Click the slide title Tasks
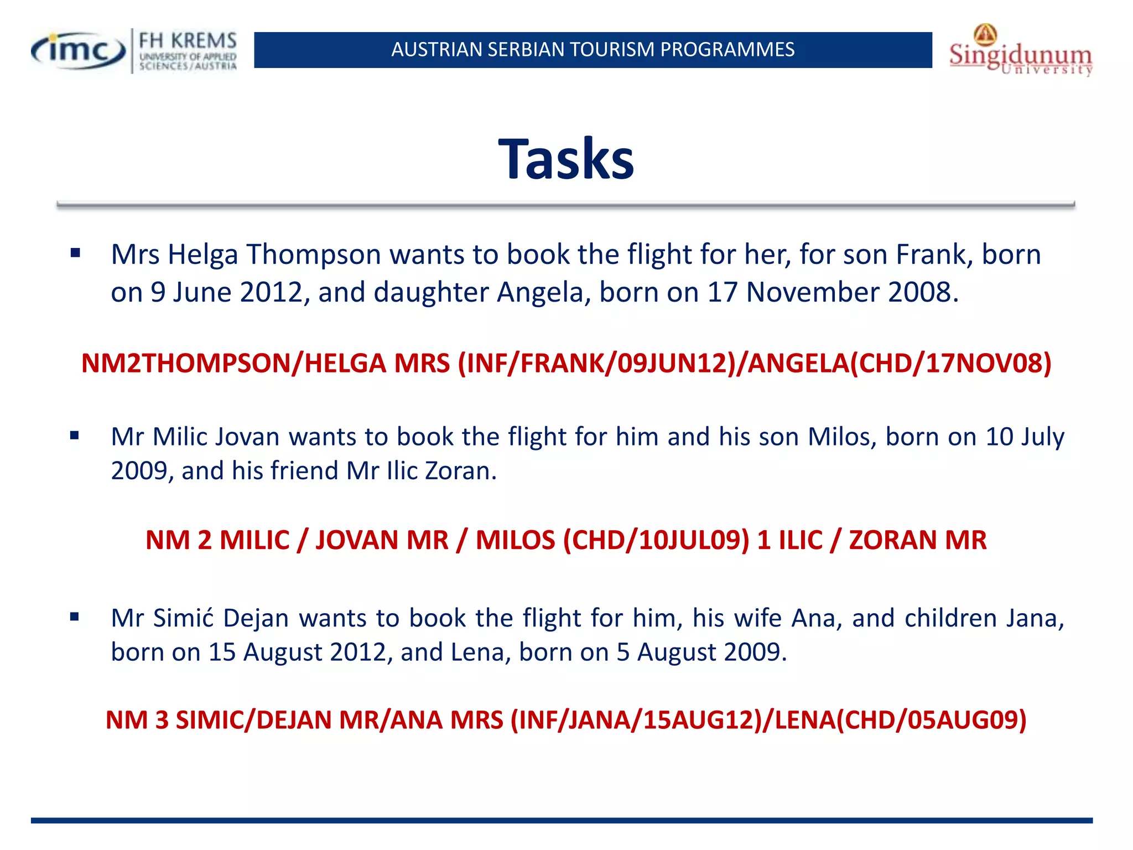tap(565, 160)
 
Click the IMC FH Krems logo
tap(134, 51)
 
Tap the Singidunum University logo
tap(1020, 51)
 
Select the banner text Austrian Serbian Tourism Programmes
tap(593, 50)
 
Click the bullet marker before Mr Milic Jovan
tap(75, 436)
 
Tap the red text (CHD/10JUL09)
tap(656, 540)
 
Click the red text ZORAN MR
tap(917, 540)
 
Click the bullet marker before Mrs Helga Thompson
tap(75, 254)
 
